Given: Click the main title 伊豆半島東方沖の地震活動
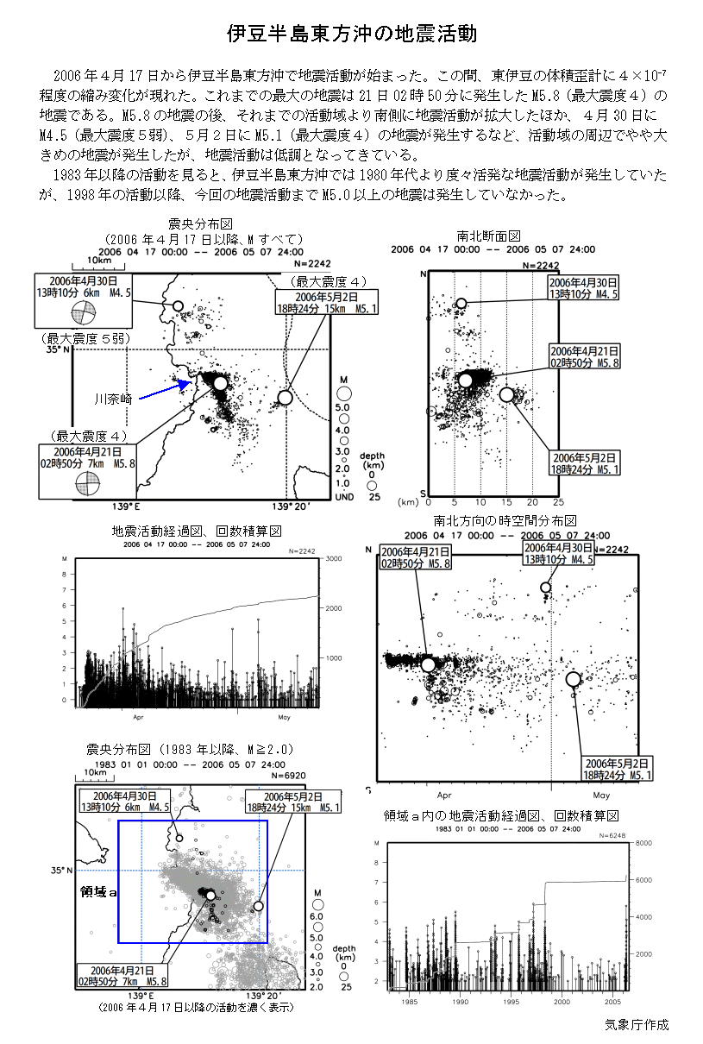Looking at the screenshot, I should [x=351, y=34].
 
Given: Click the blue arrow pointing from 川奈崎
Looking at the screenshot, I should [x=165, y=391].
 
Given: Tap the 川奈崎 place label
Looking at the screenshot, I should [x=113, y=399].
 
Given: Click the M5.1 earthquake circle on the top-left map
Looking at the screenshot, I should [x=285, y=398].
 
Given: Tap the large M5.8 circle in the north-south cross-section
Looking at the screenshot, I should [x=466, y=380].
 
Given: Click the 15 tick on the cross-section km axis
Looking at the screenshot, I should [x=506, y=502].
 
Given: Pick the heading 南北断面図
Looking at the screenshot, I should [x=489, y=236].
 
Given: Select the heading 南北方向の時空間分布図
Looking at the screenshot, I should [x=505, y=520].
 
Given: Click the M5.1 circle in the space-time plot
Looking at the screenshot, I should [x=573, y=679].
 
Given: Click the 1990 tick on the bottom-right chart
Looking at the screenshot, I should [x=461, y=1003].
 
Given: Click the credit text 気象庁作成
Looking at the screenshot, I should [x=637, y=1025].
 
